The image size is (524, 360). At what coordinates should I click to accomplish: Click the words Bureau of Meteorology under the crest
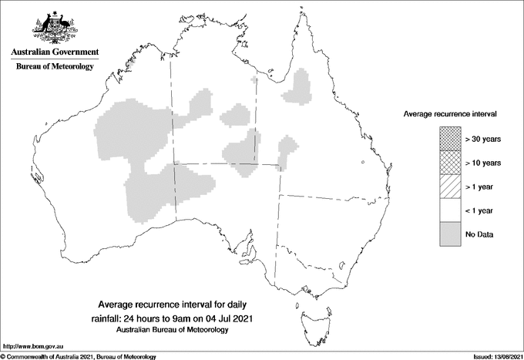point(54,66)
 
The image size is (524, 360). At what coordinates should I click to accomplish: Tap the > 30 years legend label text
point(483,139)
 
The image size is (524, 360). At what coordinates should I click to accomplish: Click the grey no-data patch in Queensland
point(299,86)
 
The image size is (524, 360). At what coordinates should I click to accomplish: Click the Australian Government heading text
point(54,52)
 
